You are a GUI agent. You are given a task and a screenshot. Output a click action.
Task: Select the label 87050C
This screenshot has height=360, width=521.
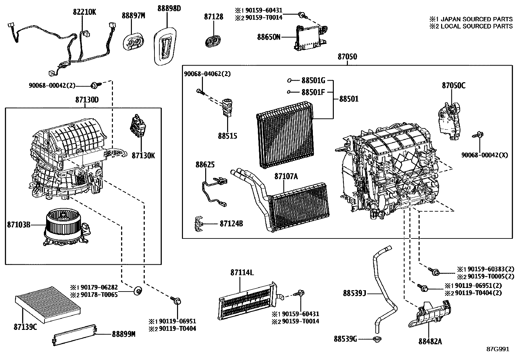[454, 85]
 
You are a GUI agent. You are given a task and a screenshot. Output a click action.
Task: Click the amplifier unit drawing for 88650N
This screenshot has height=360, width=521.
[311, 38]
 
